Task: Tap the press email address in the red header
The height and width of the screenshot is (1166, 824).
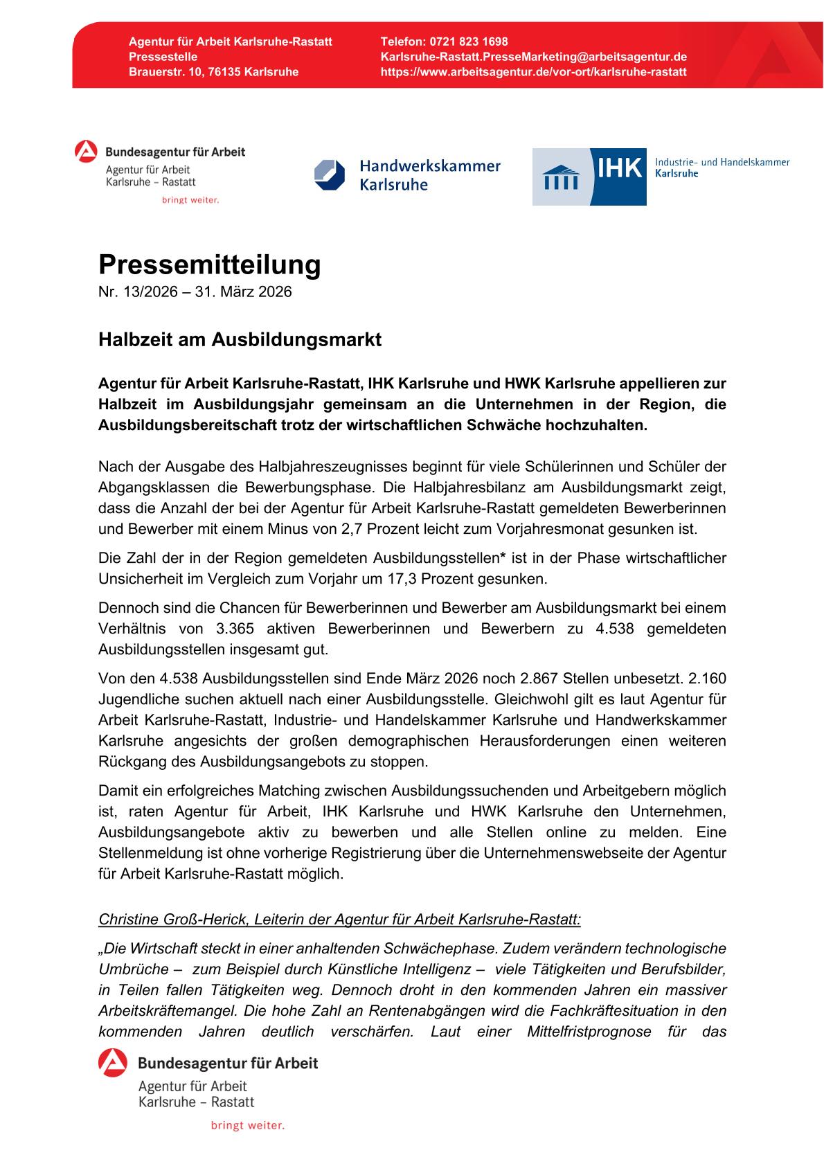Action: click(x=533, y=57)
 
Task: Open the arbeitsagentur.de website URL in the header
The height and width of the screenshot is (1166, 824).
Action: click(x=533, y=72)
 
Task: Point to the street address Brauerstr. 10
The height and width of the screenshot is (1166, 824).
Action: click(x=162, y=72)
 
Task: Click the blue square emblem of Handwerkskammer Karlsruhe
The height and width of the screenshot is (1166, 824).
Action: click(x=330, y=174)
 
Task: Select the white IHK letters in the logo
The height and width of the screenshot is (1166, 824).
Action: click(x=619, y=168)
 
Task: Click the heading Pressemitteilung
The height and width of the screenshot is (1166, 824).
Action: click(x=210, y=264)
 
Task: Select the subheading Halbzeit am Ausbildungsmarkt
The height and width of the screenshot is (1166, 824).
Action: click(x=240, y=340)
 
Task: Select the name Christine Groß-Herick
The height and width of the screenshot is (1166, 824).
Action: click(x=173, y=920)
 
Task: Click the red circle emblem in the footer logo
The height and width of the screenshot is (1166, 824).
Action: click(x=112, y=1064)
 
